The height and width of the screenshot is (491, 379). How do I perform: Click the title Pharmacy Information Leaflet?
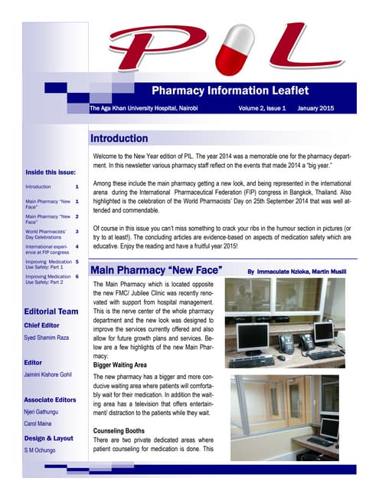pyautogui.click(x=240, y=92)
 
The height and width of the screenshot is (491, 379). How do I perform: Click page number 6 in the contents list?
pyautogui.click(x=77, y=276)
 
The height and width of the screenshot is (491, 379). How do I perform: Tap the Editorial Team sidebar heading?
pyautogui.click(x=51, y=311)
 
